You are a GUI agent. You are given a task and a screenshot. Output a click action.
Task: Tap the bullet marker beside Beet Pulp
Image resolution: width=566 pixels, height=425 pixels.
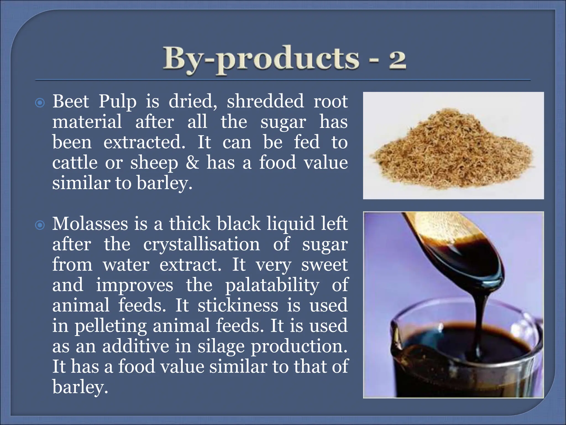[x=40, y=103]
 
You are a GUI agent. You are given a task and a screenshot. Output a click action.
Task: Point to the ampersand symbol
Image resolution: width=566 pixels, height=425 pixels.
[x=192, y=162]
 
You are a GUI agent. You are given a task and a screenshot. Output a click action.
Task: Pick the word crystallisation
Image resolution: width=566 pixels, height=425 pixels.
[x=201, y=244]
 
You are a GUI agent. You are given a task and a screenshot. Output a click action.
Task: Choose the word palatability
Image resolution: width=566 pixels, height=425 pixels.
[x=272, y=285]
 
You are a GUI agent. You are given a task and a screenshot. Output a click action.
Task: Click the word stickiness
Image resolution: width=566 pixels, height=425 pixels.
[x=238, y=305]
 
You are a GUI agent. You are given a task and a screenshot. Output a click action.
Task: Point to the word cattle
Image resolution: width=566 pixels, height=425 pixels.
[x=75, y=162]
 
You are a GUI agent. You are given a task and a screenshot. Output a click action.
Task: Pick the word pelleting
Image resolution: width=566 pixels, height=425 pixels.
[x=111, y=326]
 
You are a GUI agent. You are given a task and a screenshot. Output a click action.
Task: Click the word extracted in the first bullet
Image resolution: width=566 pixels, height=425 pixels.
[x=144, y=142]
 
